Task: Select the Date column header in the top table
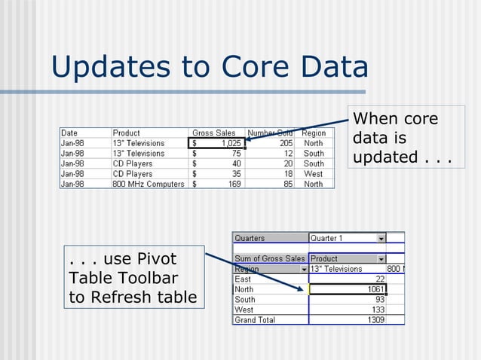[69, 133]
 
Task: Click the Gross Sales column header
[214, 133]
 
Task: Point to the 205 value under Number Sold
[284, 143]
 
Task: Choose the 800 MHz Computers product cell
[148, 184]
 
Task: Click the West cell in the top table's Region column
[313, 173]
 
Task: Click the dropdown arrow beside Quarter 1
[381, 239]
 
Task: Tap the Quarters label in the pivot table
[250, 239]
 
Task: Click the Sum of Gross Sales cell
[270, 259]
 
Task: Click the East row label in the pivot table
[244, 279]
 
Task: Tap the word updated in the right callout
[386, 157]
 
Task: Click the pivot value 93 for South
[377, 300]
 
